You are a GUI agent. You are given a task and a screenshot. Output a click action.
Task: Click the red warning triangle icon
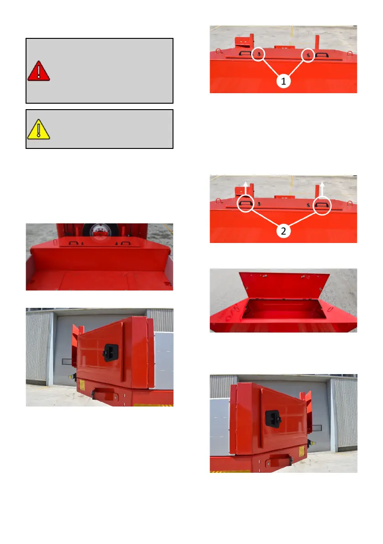click(38, 71)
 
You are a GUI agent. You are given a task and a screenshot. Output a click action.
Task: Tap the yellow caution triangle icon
click(38, 130)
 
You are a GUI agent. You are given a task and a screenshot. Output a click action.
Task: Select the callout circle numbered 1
click(283, 81)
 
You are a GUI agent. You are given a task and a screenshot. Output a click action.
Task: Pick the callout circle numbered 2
click(283, 231)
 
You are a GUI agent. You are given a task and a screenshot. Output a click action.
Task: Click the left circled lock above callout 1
click(258, 54)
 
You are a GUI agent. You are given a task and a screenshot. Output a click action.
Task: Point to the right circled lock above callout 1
click(308, 55)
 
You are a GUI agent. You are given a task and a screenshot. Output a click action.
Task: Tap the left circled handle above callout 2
click(246, 204)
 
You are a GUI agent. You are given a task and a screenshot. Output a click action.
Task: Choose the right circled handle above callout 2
click(322, 206)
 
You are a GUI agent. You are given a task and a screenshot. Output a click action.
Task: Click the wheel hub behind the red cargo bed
click(100, 232)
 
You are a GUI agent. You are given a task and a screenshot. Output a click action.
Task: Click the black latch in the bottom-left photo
click(111, 353)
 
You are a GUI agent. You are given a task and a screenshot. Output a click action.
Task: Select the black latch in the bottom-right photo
click(273, 419)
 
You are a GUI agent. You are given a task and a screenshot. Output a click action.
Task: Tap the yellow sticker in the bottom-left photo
click(82, 385)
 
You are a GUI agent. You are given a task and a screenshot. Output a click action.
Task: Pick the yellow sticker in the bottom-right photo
click(302, 451)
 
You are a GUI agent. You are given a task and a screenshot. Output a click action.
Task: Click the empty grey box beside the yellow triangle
click(100, 129)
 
